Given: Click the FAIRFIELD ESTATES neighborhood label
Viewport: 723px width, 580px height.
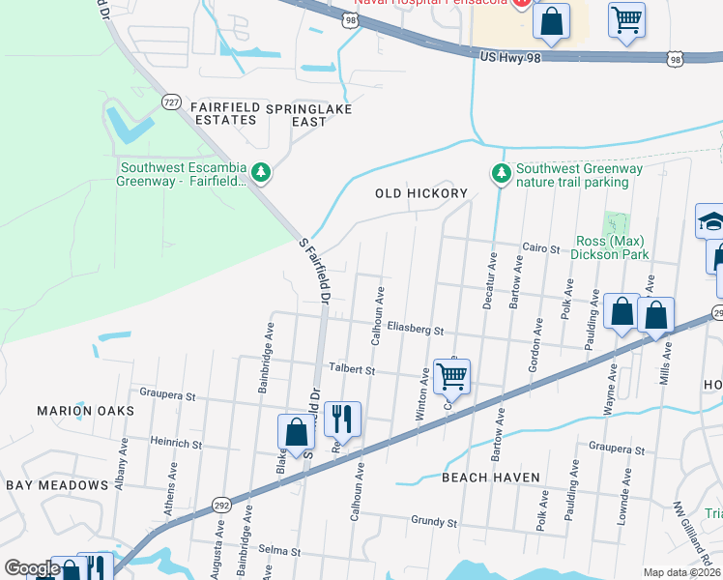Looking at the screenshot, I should point(223,112).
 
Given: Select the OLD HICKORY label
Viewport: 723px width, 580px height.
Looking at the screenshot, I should point(421,193).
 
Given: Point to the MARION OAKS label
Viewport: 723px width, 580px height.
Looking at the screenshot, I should point(85,411).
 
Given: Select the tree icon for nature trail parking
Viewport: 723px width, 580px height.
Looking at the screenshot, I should point(501,173).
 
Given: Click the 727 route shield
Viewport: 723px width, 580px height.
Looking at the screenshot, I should point(171,102).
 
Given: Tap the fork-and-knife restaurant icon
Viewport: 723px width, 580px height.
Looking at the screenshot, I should point(342,420).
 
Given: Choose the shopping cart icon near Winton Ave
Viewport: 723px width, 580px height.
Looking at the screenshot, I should point(451,377).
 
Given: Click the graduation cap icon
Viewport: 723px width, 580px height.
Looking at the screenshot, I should point(711,221).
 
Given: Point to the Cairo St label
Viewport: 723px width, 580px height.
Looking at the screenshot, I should point(541,248).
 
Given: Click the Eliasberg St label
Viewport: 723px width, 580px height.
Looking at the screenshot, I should point(414,331).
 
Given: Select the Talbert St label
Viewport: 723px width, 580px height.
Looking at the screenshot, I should point(350,369).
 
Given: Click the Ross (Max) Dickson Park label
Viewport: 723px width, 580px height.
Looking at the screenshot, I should point(609,247).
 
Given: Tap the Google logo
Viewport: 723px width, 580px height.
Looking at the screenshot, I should point(31,568).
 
